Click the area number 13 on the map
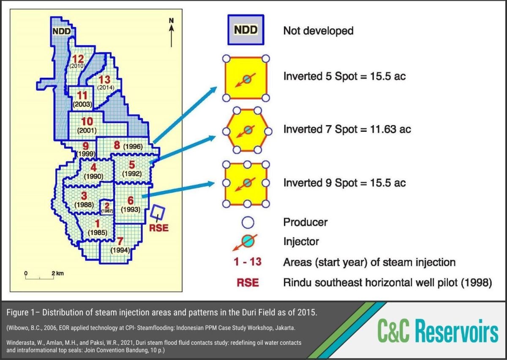click(104, 80)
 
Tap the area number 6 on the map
click(131, 201)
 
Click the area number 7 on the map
click(120, 242)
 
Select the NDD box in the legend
click(245, 30)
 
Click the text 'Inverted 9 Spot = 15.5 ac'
click(344, 183)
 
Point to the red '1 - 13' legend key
click(248, 262)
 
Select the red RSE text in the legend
click(248, 282)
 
